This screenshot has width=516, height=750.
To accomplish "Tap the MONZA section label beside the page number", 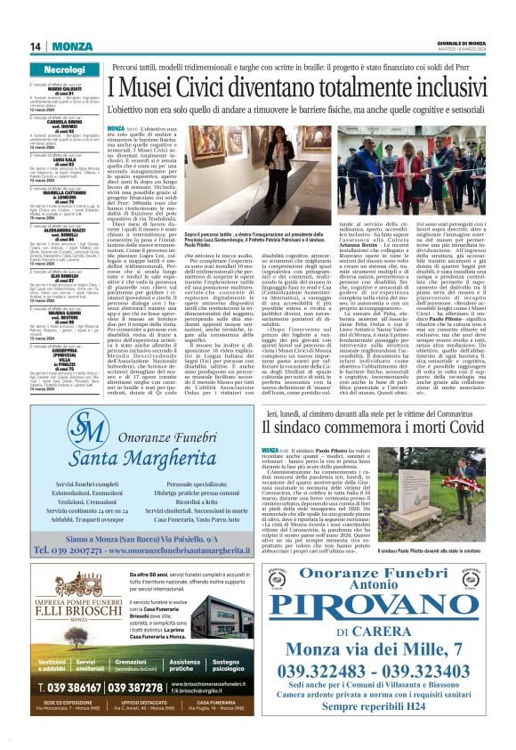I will [71, 46].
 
